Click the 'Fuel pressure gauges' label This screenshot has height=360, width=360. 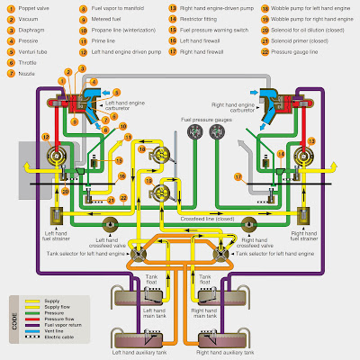point(204,120)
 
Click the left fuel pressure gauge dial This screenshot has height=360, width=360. point(191,133)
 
